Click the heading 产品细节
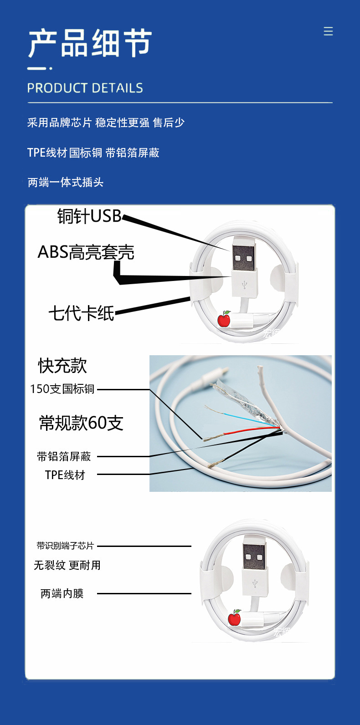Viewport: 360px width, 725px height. point(90,43)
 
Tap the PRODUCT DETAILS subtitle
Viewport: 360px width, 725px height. point(85,88)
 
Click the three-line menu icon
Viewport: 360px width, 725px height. point(328,31)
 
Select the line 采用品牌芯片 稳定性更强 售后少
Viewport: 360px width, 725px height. point(106,123)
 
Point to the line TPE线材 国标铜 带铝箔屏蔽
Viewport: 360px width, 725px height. point(93,153)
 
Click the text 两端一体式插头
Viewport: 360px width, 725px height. point(66,182)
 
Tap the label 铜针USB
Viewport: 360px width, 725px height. point(89,216)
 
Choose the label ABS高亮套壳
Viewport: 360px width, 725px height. point(86,252)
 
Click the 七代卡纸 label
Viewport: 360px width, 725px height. point(81,313)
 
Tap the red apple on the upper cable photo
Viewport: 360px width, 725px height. point(224,319)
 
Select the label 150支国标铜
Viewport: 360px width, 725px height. point(62,389)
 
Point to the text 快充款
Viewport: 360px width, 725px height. point(62,366)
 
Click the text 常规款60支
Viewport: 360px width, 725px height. point(81,423)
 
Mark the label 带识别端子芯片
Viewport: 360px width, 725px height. point(65,546)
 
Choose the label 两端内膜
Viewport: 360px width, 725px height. point(62,593)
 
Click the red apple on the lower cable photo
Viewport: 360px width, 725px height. point(234,618)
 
